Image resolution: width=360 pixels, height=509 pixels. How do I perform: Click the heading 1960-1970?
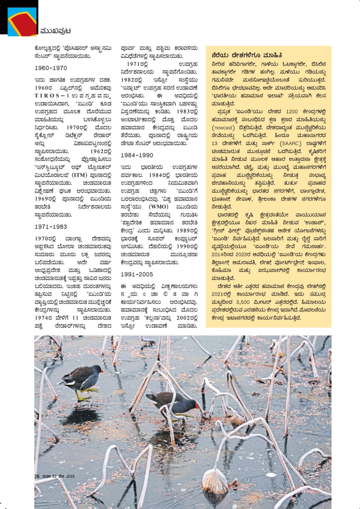[51, 68]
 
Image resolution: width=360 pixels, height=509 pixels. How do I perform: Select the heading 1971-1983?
[51, 227]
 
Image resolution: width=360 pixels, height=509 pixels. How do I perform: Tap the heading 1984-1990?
[137, 156]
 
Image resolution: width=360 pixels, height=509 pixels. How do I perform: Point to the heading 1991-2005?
[137, 275]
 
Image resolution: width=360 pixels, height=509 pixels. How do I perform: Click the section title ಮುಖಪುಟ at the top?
[55, 31]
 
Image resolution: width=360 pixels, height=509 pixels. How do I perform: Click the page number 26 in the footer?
[37, 477]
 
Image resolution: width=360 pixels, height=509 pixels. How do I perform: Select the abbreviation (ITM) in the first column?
[79, 175]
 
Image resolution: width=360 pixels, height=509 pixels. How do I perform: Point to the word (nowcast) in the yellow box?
[223, 128]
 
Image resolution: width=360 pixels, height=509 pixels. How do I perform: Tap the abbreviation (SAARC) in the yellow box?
[291, 144]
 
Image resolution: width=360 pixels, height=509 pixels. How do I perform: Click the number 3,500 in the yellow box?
[242, 302]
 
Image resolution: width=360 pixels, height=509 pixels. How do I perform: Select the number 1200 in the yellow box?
[292, 112]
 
